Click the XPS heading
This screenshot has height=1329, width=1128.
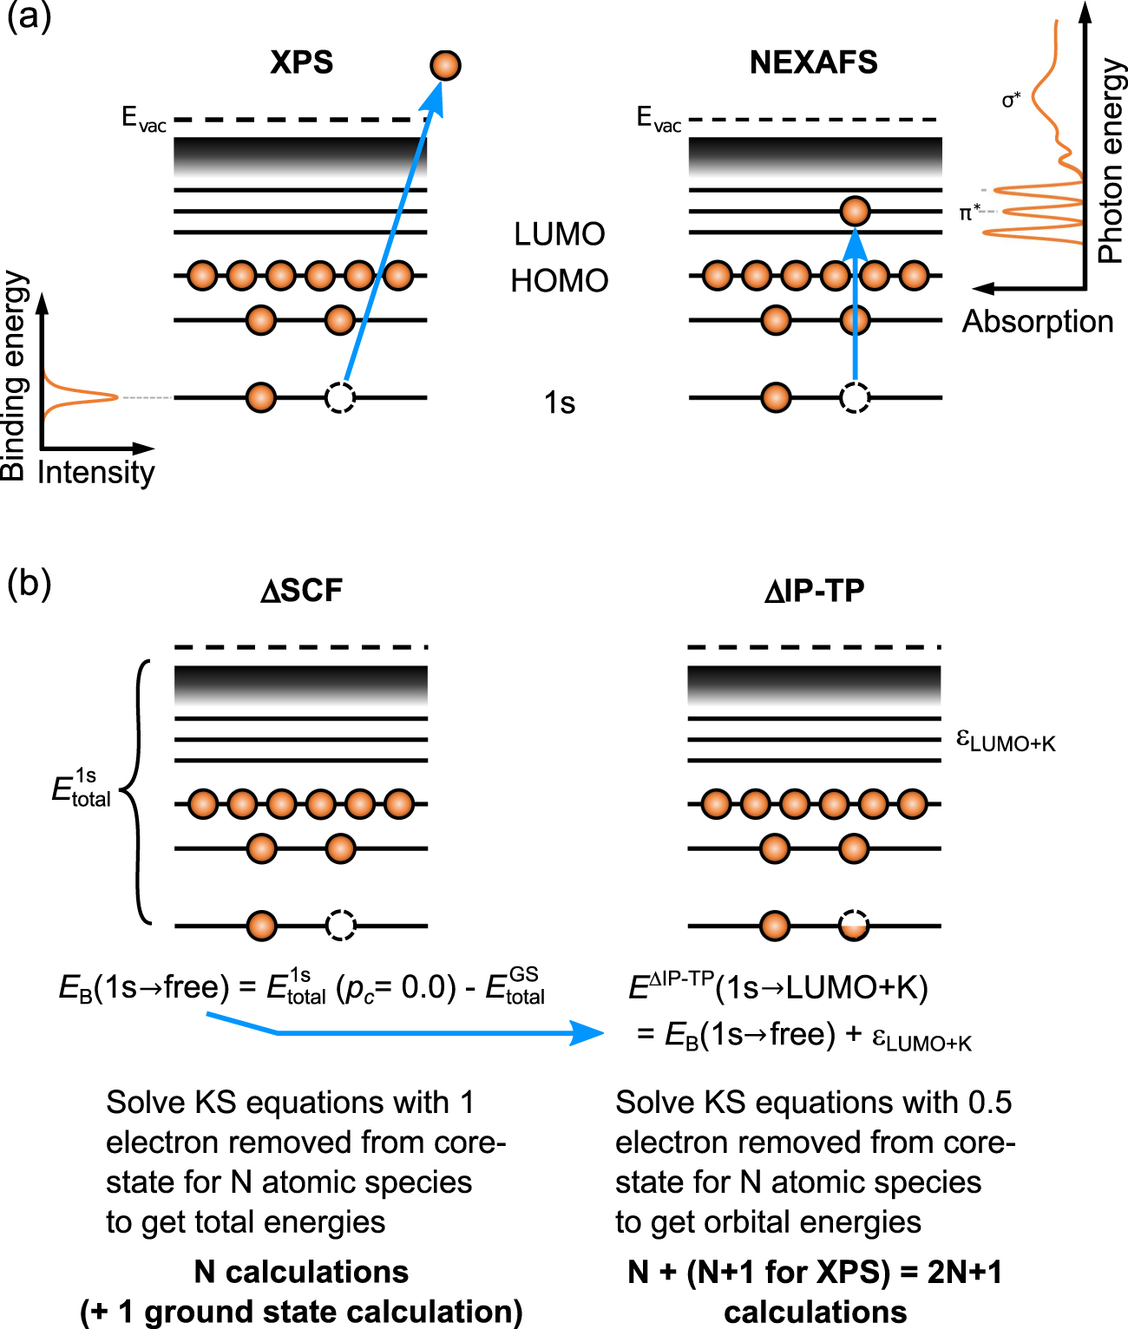coord(301,62)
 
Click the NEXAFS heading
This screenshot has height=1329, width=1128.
coord(813,62)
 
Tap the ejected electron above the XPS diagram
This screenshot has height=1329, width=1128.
coord(445,65)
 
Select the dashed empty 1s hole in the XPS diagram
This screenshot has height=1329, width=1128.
coord(339,397)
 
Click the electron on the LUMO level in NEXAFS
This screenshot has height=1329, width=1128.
coord(855,211)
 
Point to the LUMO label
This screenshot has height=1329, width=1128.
coord(559,234)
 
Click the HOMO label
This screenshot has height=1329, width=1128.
coord(559,281)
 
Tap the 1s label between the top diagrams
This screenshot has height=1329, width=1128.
coord(559,403)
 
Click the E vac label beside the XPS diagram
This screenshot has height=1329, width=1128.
coord(143,118)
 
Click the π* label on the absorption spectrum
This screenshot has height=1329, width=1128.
coord(969,213)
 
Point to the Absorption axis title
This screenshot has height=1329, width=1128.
coord(1037,322)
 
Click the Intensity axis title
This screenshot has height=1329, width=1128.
coord(95,473)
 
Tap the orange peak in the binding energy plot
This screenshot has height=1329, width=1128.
coord(95,397)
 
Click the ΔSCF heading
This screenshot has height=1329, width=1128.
coord(301,591)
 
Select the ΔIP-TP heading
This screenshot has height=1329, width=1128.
coord(814,591)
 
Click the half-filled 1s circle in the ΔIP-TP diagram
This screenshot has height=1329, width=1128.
coord(855,926)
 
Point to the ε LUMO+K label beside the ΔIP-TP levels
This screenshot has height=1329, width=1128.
coord(1005,741)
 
